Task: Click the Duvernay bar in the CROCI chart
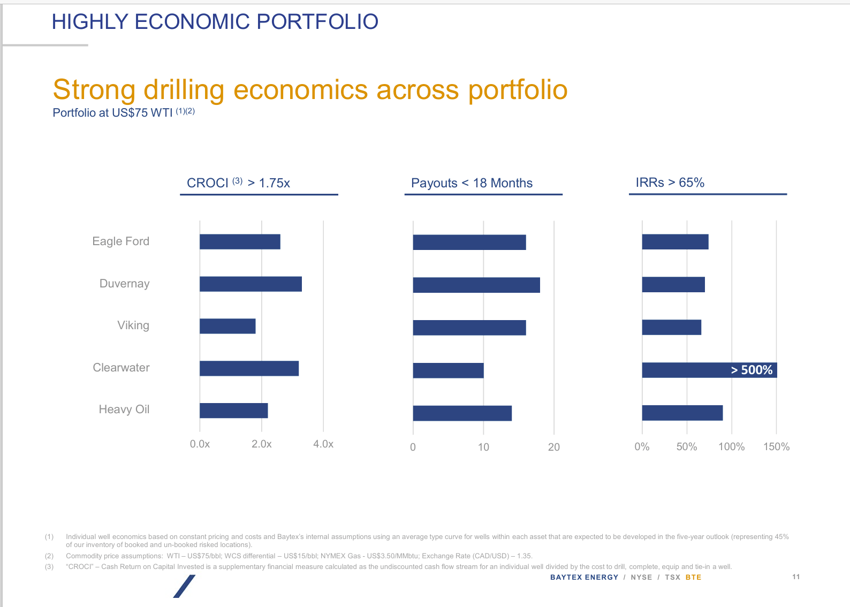point(251,284)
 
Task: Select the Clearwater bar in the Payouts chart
point(448,370)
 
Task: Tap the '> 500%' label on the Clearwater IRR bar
point(752,370)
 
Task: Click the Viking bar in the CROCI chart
point(227,326)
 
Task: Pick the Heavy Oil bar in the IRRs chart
point(682,413)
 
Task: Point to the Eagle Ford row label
point(121,241)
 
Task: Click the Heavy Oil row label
point(124,409)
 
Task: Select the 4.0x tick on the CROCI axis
point(323,444)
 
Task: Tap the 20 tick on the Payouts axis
point(554,447)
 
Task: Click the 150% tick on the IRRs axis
point(776,447)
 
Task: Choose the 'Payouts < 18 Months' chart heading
point(472,183)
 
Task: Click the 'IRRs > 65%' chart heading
point(670,183)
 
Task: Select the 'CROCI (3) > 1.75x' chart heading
point(238,183)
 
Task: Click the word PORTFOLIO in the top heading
point(317,22)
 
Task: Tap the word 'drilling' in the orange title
point(184,90)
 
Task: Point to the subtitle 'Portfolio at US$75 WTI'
point(112,113)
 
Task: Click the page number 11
point(796,576)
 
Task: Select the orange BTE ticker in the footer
point(693,577)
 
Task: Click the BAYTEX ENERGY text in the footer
point(584,577)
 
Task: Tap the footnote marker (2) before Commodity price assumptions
point(49,556)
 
